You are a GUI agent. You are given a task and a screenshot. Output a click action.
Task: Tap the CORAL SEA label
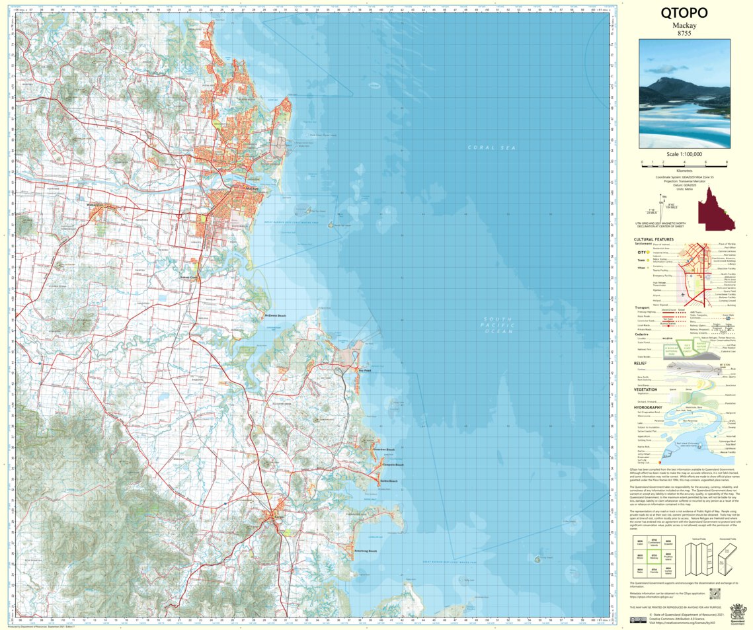pyautogui.click(x=491, y=147)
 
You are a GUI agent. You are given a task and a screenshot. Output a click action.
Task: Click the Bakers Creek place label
pyautogui.click(x=189, y=277)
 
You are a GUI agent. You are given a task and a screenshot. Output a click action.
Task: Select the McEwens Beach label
pyautogui.click(x=275, y=315)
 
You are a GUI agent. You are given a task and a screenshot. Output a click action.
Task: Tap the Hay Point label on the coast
pyautogui.click(x=366, y=371)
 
